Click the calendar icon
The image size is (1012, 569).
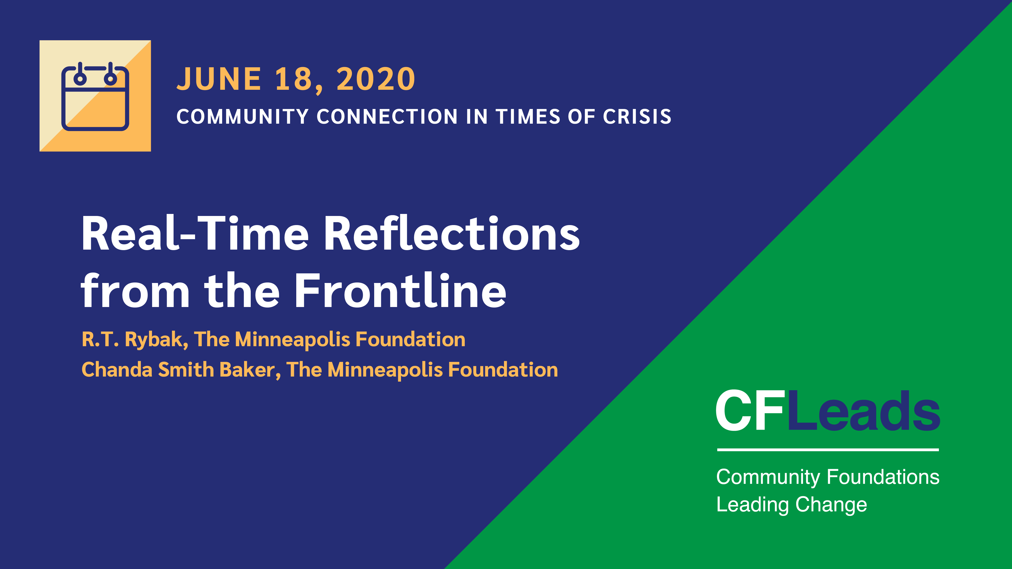pos(95,96)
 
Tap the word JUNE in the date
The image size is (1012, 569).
pos(219,79)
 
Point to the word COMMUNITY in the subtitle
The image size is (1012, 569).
pos(242,117)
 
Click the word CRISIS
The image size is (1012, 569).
pos(637,117)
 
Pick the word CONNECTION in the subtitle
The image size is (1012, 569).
pos(387,117)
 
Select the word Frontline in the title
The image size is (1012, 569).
pos(400,290)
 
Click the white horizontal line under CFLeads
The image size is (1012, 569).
pos(828,450)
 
